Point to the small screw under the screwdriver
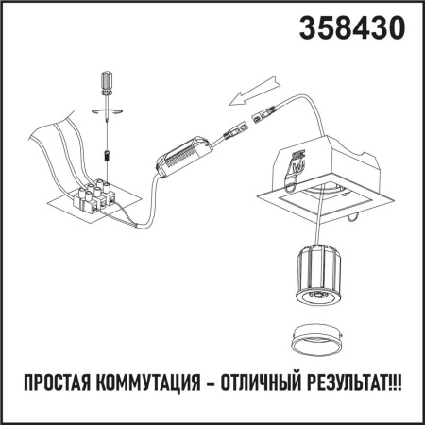(107, 150)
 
